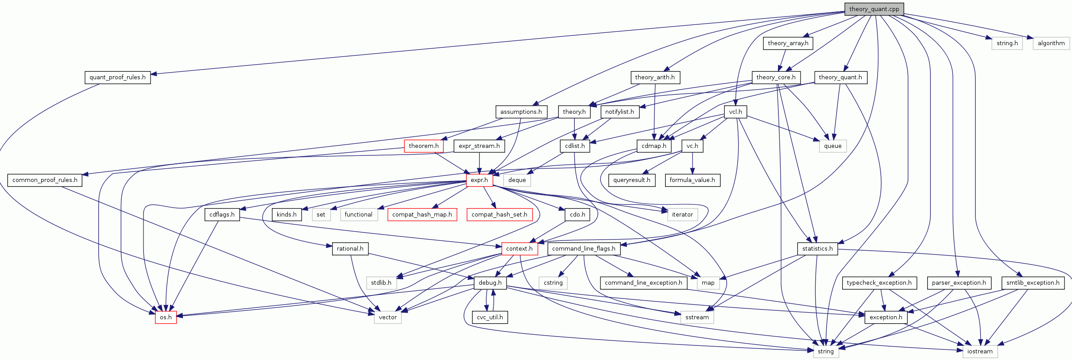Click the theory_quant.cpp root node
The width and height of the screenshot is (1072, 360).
[x=874, y=9]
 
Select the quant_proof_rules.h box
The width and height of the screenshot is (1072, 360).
[x=117, y=77]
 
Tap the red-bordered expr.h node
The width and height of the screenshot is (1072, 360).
[x=479, y=180]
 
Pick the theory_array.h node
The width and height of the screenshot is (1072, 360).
[x=788, y=43]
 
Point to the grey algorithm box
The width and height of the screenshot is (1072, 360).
[x=1051, y=43]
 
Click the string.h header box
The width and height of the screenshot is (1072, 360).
[x=1007, y=43]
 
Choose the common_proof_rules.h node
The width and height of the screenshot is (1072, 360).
[x=45, y=180]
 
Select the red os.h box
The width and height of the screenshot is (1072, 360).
[x=166, y=317]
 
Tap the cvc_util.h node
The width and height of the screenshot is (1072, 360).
[x=490, y=317]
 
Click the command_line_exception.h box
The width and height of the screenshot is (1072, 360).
[x=643, y=283]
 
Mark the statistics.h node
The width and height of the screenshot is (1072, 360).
[x=817, y=249]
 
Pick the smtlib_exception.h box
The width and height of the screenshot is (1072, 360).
[x=1033, y=283]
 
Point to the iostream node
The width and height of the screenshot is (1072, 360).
[x=979, y=352]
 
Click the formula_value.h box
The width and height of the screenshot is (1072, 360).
[x=692, y=180]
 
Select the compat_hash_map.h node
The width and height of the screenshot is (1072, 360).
[x=422, y=215]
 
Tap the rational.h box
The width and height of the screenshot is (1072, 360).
[x=350, y=249]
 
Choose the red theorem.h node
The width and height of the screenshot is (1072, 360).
[x=423, y=146]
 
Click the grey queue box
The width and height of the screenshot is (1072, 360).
[x=832, y=146]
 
